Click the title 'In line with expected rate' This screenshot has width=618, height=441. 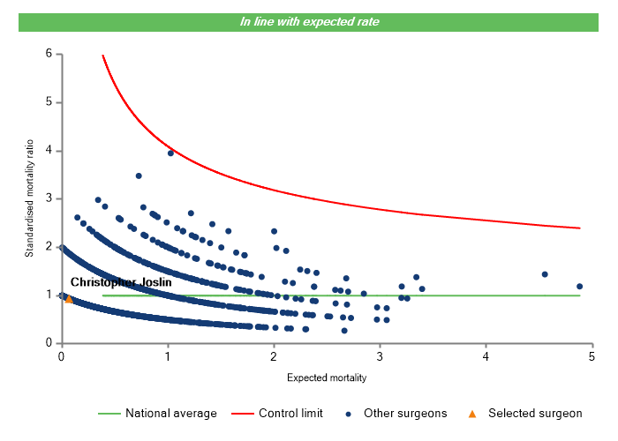point(310,21)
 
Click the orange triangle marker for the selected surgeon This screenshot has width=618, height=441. point(69,299)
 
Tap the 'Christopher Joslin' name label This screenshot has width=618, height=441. point(121,282)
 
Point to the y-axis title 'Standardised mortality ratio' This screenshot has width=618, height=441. point(29,198)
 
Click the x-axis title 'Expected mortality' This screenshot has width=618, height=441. point(327,377)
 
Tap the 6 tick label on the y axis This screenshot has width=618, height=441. point(49,55)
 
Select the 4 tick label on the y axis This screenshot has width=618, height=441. point(49,151)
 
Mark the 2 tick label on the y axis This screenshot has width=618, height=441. point(49,248)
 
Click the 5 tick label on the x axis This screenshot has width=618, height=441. point(592,357)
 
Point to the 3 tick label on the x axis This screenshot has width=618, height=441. point(380,357)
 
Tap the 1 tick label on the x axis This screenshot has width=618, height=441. point(168,357)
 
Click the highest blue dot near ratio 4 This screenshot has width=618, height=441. point(170,153)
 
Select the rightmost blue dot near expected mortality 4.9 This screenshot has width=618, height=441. point(580,287)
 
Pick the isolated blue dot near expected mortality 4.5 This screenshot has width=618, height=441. point(545,274)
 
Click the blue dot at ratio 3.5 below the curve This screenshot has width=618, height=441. point(139,176)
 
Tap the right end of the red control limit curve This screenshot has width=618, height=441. point(579,228)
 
